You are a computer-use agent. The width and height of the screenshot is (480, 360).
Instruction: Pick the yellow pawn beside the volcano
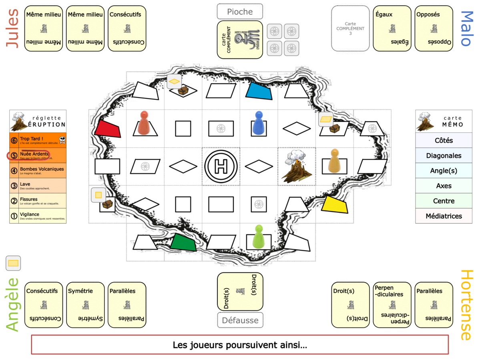pyautogui.click(x=334, y=161)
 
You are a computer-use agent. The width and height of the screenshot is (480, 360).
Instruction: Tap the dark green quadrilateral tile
pyautogui.click(x=183, y=242)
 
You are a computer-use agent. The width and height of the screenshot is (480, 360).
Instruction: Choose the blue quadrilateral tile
pyautogui.click(x=259, y=91)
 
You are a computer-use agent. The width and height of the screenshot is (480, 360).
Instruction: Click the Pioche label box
pyautogui.click(x=240, y=12)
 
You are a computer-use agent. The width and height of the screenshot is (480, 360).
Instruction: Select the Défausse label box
pyautogui.click(x=240, y=320)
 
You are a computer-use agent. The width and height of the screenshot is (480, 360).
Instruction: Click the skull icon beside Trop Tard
pyautogui.click(x=62, y=140)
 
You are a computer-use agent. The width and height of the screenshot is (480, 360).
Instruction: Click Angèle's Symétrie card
pyautogui.click(x=85, y=305)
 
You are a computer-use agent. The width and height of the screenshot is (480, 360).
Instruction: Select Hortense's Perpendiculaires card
pyautogui.click(x=392, y=305)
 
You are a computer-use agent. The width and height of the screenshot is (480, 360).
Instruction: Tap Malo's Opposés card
pyautogui.click(x=434, y=28)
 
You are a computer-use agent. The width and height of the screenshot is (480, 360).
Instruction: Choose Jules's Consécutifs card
pyautogui.click(x=127, y=28)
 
